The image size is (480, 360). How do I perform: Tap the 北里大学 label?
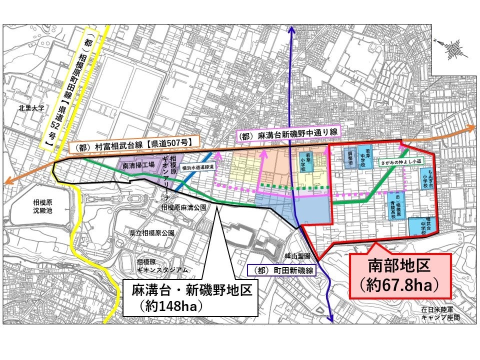click(x=31, y=107)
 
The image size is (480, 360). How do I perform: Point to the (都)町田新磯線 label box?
click(x=283, y=270)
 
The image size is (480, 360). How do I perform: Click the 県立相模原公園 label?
click(x=151, y=233)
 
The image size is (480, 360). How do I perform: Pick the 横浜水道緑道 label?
click(x=197, y=167)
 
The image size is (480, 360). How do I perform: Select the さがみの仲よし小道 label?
click(x=401, y=162)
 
